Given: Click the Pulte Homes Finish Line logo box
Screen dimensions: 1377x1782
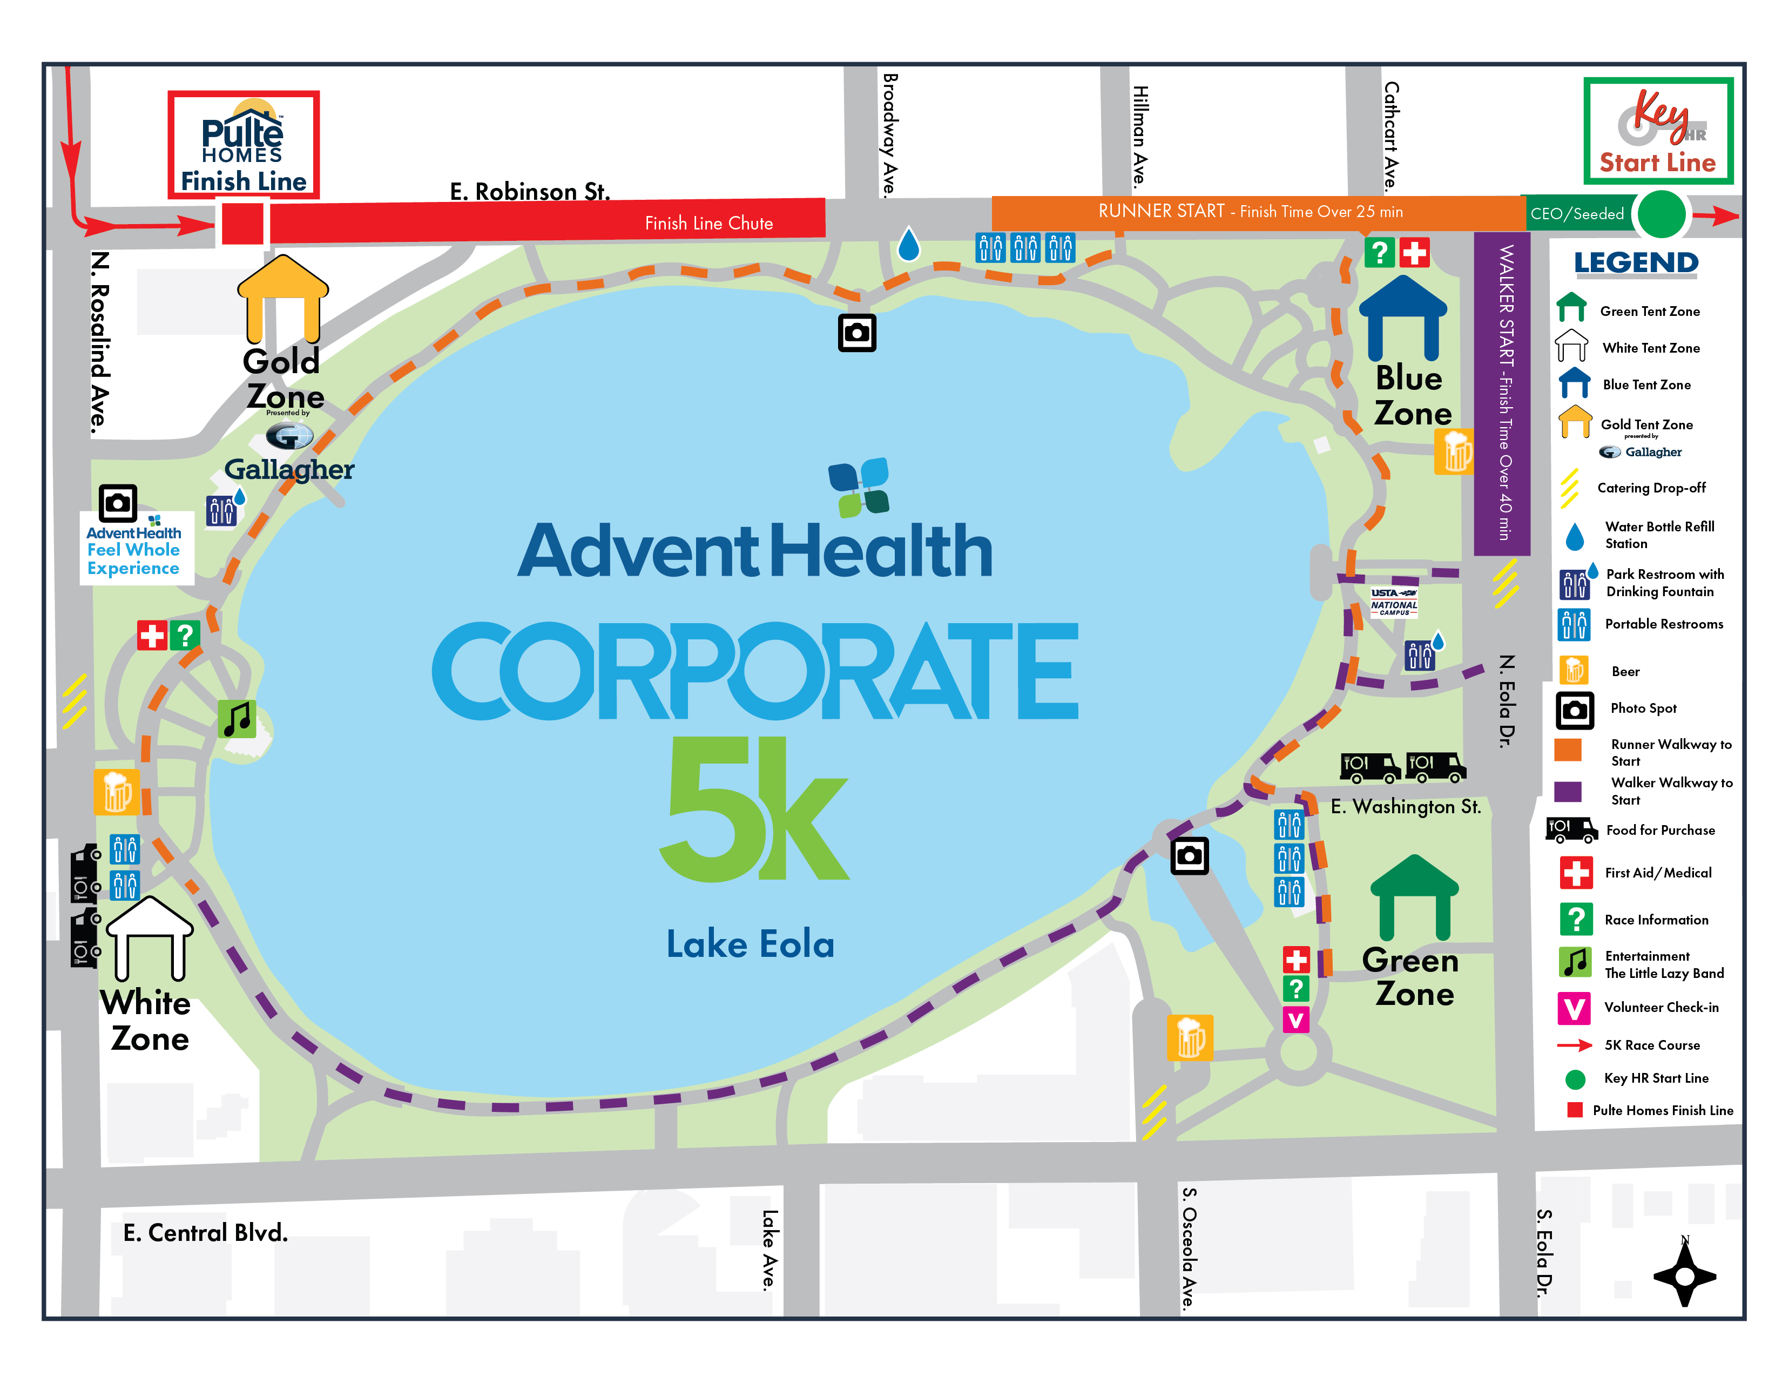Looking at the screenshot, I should [x=243, y=144].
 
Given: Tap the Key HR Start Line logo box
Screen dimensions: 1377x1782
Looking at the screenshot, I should [x=1658, y=131].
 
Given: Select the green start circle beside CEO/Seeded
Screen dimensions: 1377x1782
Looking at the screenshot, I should [x=1661, y=214].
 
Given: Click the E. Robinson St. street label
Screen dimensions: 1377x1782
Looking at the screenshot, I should [x=530, y=192].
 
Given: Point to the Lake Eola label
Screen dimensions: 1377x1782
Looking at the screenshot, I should [x=750, y=944].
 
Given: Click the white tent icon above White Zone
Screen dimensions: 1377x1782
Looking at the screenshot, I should [x=150, y=937].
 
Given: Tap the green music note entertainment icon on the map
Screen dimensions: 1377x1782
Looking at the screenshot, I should [x=238, y=719].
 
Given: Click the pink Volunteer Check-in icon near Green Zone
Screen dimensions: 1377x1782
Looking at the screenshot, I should [x=1295, y=1019].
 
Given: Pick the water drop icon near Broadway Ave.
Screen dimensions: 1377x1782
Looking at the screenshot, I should [x=908, y=244].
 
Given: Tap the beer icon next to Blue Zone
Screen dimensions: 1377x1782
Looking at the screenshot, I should [x=1455, y=451].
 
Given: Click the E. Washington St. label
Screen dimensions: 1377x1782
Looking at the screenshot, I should [x=1405, y=807].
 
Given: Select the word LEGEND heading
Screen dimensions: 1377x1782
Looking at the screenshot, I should [x=1636, y=262].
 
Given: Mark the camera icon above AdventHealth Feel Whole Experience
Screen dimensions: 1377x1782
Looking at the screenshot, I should [x=118, y=503].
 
